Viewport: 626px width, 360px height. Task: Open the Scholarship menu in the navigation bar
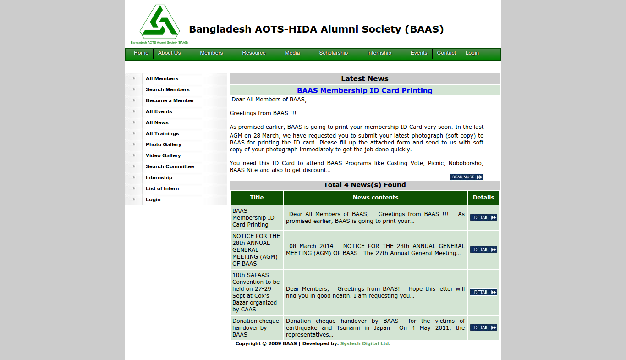[333, 53]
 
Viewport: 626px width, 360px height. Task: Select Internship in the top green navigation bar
[379, 53]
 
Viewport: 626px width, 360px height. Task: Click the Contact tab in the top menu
[446, 53]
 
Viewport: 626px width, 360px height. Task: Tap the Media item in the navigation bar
[292, 53]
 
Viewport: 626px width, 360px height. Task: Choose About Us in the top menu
[169, 53]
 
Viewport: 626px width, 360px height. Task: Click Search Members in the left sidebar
[167, 89]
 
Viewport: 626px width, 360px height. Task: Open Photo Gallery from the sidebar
[163, 144]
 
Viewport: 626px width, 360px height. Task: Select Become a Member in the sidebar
[170, 100]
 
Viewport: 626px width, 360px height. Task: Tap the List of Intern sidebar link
[162, 188]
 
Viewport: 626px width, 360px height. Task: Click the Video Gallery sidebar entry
[163, 155]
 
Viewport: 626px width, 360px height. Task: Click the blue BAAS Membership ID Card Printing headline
[364, 90]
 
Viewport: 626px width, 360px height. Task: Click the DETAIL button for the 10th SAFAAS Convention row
[483, 292]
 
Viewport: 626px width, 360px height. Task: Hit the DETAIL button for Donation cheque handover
[483, 327]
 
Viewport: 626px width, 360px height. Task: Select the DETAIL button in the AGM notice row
[483, 249]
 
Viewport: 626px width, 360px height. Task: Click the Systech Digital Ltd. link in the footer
[365, 343]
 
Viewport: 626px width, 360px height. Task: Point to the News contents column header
[375, 198]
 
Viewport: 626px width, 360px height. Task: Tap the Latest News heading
[364, 78]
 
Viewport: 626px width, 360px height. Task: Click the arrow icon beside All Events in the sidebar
[134, 111]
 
